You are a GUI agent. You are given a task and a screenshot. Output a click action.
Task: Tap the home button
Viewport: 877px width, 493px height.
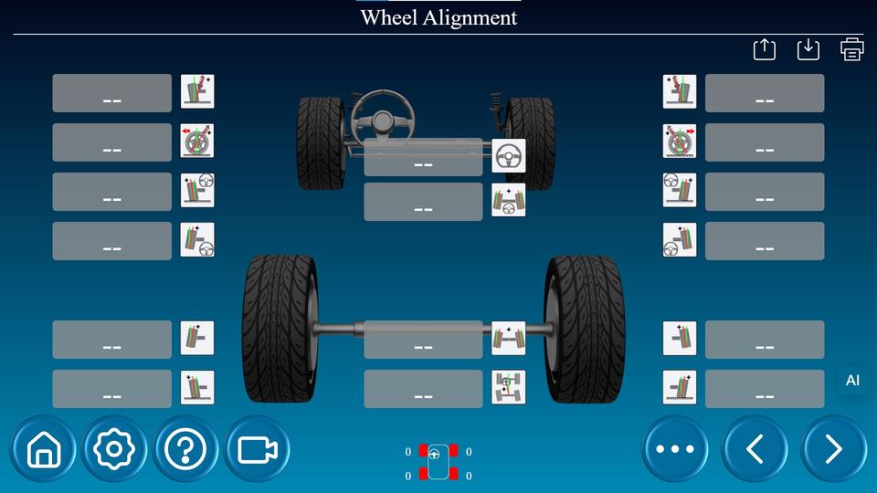[43, 449]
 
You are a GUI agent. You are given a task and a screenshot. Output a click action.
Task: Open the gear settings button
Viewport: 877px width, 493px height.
[115, 449]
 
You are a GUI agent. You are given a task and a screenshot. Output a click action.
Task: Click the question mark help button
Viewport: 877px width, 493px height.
[186, 449]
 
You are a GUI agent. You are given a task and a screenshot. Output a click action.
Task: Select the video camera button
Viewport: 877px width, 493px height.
[258, 449]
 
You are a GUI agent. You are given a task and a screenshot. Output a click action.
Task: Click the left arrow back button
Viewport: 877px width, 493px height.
[755, 449]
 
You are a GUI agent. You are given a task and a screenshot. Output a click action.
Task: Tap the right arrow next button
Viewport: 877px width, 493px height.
[833, 449]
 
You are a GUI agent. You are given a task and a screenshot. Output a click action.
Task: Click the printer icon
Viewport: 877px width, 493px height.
[851, 49]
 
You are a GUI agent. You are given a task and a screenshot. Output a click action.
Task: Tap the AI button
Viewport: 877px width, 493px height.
[852, 381]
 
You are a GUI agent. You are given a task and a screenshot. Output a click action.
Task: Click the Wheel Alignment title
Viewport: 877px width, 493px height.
[438, 17]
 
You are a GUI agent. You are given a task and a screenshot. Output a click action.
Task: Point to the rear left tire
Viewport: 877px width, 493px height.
[280, 329]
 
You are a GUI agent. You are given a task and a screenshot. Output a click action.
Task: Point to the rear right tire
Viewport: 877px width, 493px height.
[585, 329]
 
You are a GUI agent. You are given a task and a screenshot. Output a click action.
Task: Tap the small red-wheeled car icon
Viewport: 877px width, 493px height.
[438, 462]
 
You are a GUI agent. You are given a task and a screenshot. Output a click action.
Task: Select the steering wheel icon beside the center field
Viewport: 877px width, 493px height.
[509, 156]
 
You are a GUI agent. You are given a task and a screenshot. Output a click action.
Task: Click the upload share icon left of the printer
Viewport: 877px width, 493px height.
[765, 49]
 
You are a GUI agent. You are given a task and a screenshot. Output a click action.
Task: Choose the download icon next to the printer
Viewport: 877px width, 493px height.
[808, 49]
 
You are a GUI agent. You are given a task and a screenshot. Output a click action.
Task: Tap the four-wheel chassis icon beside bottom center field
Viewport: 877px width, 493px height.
[509, 388]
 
